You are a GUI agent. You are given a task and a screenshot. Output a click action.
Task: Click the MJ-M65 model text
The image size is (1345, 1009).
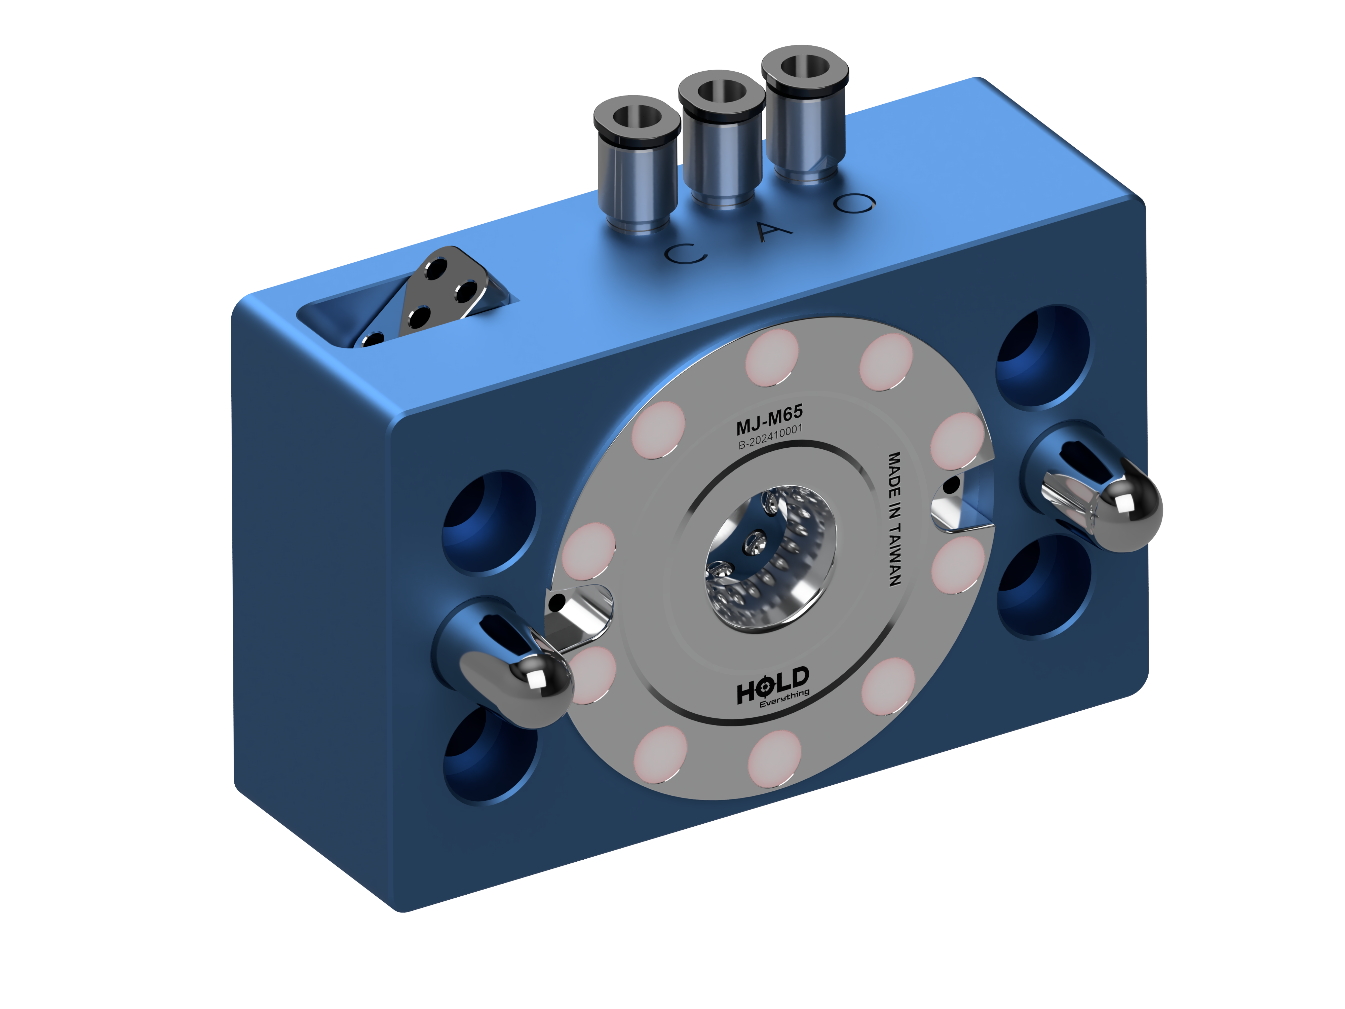769,419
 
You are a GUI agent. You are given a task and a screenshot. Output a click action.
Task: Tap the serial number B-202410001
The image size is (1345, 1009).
770,437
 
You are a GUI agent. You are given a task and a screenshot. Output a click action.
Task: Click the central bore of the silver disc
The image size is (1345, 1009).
769,560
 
